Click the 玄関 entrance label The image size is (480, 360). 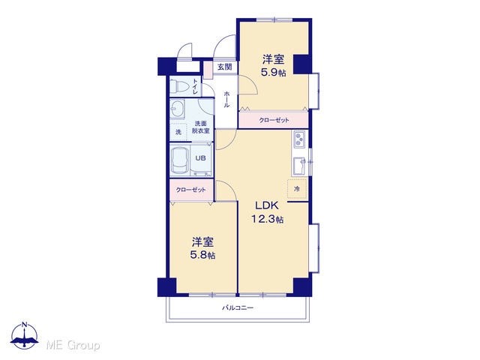(225, 67)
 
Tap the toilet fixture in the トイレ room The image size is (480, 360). (179, 86)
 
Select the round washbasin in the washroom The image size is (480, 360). (177, 109)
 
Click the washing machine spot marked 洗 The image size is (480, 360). (178, 132)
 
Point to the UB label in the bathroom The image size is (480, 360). (200, 158)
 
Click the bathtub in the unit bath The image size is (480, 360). (180, 160)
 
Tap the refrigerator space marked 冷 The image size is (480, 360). (297, 189)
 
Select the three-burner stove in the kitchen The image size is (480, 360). (300, 139)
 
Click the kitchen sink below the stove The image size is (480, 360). (299, 166)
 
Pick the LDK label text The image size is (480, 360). (267, 205)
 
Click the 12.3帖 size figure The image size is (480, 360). (267, 219)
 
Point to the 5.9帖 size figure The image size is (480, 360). (273, 73)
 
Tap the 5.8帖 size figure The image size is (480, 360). (202, 255)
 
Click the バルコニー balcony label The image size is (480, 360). (238, 307)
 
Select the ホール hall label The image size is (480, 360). (226, 99)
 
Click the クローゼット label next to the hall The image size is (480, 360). (274, 120)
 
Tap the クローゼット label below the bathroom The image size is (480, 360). (190, 190)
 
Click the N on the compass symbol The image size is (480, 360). (25, 325)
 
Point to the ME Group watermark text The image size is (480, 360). (73, 345)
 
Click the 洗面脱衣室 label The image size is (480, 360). (201, 127)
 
